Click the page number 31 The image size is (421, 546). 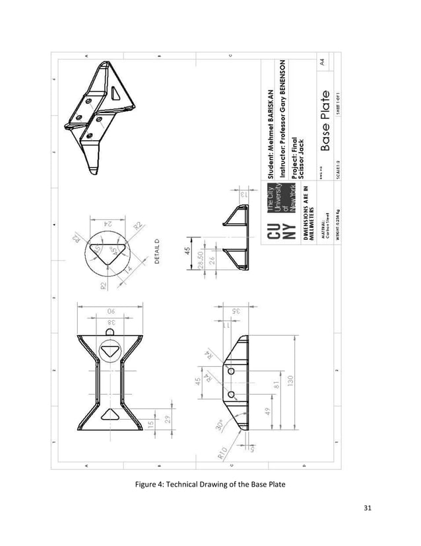click(368, 508)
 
